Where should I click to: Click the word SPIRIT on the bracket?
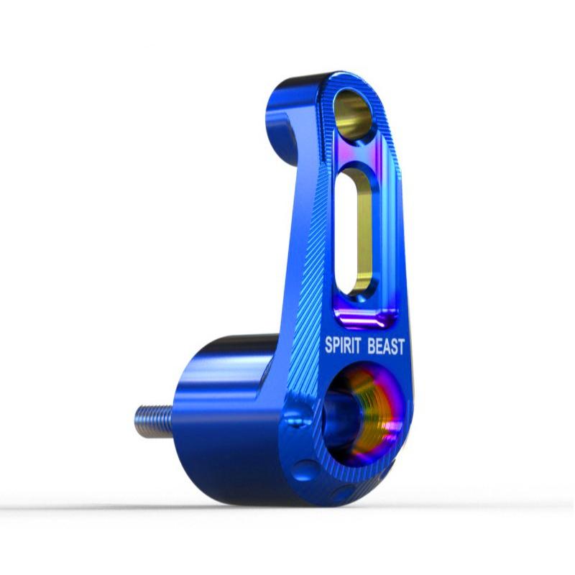(x=343, y=346)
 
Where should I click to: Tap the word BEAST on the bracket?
(x=386, y=346)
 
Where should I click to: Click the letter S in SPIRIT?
(x=329, y=346)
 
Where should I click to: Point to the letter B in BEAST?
(x=372, y=346)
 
